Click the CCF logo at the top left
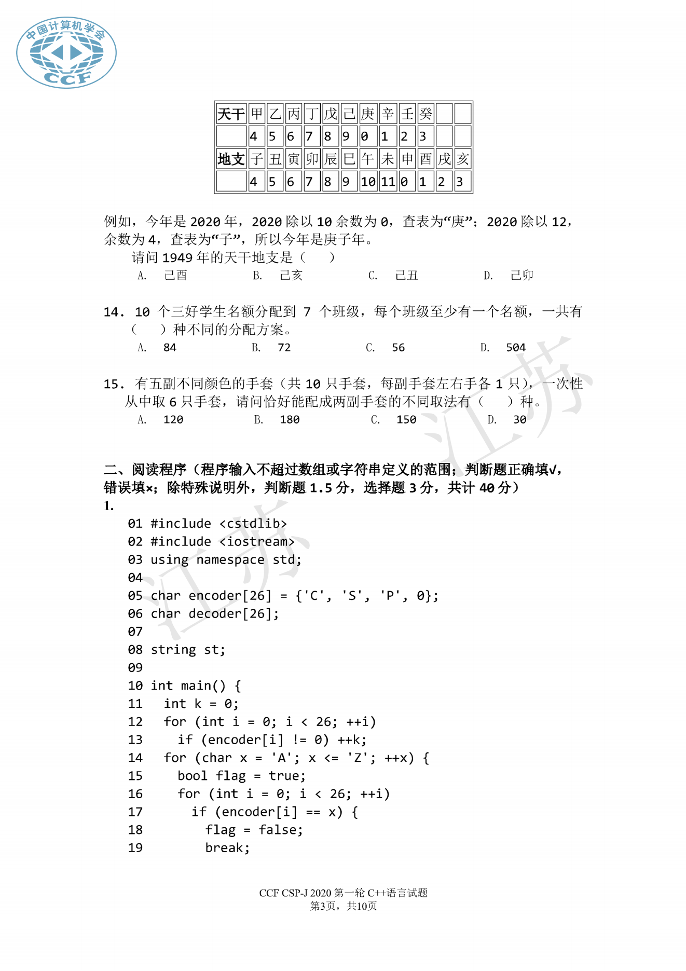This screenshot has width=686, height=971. coord(66,52)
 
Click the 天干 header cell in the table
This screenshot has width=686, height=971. coord(231,114)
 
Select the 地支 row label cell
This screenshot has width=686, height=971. coord(231,159)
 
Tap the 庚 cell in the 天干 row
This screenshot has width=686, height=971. coord(368,114)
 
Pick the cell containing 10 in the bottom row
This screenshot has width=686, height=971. coord(368,182)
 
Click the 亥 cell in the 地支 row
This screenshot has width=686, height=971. coord(463,159)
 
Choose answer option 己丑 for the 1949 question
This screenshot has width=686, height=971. coord(406,276)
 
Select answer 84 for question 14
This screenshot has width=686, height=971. coord(170,348)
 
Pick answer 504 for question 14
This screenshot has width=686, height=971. coord(516,348)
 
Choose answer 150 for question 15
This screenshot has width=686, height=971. coord(406,420)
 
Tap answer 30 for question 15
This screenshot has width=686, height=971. coord(520,420)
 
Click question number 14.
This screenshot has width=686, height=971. coord(114,312)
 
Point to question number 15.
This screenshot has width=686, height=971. coord(114,384)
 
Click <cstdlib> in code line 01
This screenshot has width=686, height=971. coord(253,524)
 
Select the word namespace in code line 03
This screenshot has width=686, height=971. coord(230,560)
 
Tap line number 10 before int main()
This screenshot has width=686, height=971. coord(135,686)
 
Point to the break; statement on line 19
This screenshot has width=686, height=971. coord(227,848)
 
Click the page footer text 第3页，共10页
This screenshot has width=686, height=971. coord(344,906)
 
